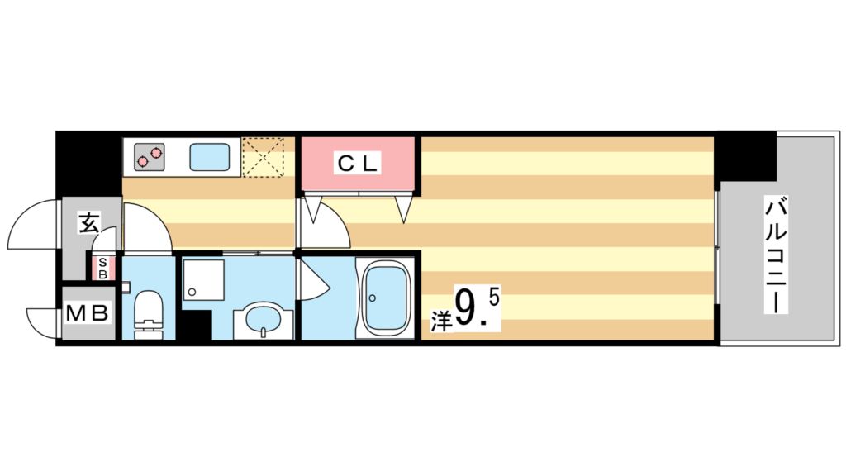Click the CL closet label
pos(357,164)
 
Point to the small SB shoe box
pos(102,269)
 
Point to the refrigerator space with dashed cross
pos(266,156)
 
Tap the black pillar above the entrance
pos(88,164)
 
